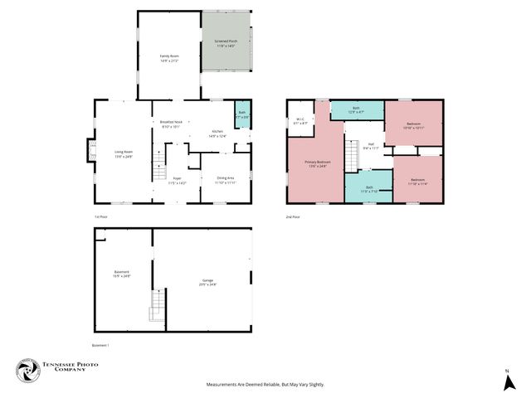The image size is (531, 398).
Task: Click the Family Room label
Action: [169, 58]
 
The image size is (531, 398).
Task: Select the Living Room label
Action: [123, 153]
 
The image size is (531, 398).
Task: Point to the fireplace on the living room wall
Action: [91, 153]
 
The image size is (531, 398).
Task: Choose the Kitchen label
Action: [217, 133]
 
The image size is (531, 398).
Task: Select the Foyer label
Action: [177, 180]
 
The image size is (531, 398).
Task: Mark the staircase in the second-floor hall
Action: [352, 153]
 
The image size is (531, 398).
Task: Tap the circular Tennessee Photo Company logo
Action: [28, 371]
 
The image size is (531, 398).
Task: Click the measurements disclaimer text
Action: [265, 385]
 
